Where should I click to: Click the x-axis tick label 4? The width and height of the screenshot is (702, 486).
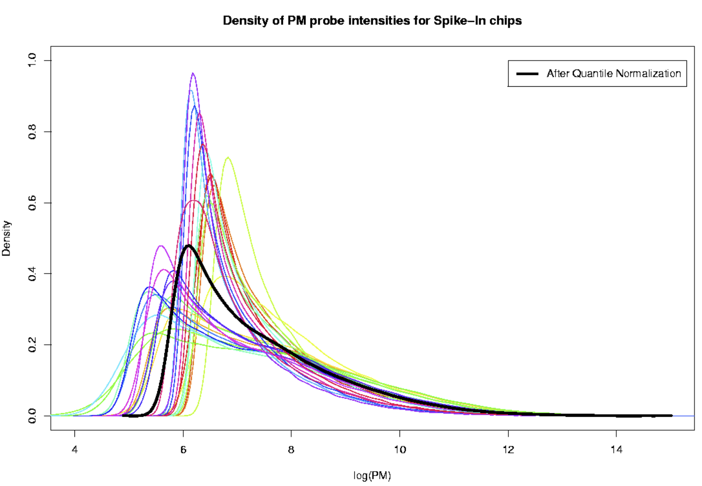74,449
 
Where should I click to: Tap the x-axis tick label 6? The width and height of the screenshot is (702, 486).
183,449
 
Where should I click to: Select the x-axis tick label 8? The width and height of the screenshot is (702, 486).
291,449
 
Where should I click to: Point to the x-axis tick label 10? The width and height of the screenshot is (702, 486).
400,449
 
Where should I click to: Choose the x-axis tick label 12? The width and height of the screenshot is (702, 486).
508,449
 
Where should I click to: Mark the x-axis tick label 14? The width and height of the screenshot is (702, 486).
617,449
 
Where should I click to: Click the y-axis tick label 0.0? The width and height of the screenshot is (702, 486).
32,416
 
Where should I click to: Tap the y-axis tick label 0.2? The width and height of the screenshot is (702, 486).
32,344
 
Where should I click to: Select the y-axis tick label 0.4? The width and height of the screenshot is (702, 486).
32,274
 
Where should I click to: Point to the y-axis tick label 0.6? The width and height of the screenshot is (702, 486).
32,203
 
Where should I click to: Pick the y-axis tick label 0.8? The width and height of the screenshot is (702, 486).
32,131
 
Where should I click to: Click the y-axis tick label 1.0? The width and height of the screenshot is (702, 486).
32,60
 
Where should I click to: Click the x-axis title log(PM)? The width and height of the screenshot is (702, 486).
372,476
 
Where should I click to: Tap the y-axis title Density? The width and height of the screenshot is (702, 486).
6,238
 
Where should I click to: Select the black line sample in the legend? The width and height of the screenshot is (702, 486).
527,74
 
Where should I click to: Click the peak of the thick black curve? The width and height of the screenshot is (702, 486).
188,246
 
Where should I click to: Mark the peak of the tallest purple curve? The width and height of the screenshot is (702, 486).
193,73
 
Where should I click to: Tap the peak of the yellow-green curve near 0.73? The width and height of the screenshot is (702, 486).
228,157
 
